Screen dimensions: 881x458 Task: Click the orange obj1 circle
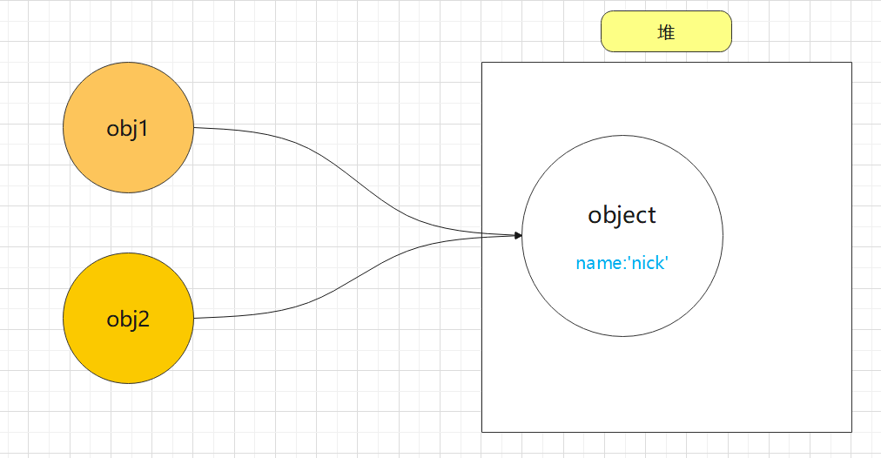click(128, 128)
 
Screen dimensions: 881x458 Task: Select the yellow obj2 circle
click(128, 318)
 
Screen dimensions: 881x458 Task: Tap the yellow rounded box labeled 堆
click(666, 31)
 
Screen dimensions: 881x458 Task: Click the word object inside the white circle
click(622, 215)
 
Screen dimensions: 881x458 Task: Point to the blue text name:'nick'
click(622, 262)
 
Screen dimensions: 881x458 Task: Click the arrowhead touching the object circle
click(519, 235)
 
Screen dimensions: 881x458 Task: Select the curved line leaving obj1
click(360, 181)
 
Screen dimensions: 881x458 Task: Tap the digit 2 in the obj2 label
click(144, 319)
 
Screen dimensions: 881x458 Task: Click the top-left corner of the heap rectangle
click(482, 63)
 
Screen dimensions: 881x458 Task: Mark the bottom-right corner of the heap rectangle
click(851, 432)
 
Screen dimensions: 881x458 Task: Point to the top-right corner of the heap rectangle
click(851, 63)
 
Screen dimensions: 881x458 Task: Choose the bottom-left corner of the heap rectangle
click(482, 432)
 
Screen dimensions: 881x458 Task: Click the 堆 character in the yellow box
click(666, 32)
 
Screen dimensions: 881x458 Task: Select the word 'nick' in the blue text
click(648, 262)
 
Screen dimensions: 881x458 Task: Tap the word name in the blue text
click(598, 263)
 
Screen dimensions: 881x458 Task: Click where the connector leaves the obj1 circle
click(194, 128)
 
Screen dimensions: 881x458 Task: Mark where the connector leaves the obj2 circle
click(194, 318)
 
